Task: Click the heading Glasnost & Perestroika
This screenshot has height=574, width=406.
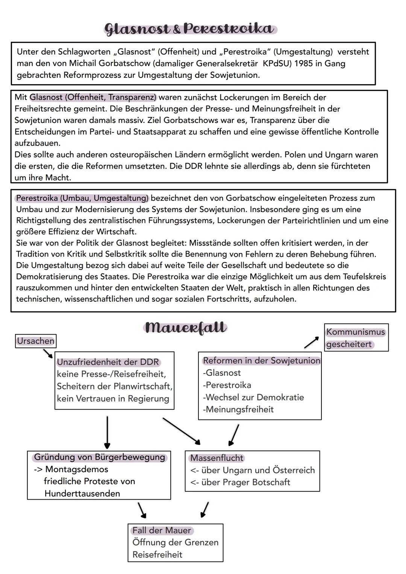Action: click(x=190, y=29)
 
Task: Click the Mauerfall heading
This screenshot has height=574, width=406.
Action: click(x=185, y=327)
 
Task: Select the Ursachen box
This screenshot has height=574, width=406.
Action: click(x=36, y=341)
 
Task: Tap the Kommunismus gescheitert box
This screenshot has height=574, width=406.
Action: click(x=356, y=338)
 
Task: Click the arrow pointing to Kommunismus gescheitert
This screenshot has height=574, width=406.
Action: click(x=311, y=342)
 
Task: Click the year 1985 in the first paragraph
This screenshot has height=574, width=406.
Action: click(x=304, y=63)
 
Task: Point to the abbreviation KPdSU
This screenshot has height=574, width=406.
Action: click(x=277, y=63)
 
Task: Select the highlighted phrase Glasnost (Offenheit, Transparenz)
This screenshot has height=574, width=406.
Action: click(x=93, y=97)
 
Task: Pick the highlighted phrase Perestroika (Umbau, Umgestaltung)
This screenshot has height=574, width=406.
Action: click(x=82, y=198)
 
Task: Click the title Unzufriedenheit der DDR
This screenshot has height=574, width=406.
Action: click(x=108, y=362)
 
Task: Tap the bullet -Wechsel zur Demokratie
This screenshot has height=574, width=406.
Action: click(x=253, y=397)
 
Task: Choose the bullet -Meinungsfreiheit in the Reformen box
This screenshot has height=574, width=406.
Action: click(x=238, y=409)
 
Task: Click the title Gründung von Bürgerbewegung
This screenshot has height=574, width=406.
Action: click(x=100, y=457)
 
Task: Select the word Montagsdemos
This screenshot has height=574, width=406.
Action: click(x=77, y=469)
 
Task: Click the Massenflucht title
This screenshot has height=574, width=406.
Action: click(x=217, y=458)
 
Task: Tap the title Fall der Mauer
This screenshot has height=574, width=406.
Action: click(x=162, y=530)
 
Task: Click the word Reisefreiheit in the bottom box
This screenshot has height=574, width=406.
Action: click(x=157, y=554)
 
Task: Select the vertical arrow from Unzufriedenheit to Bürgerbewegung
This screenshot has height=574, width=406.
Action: click(x=107, y=432)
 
